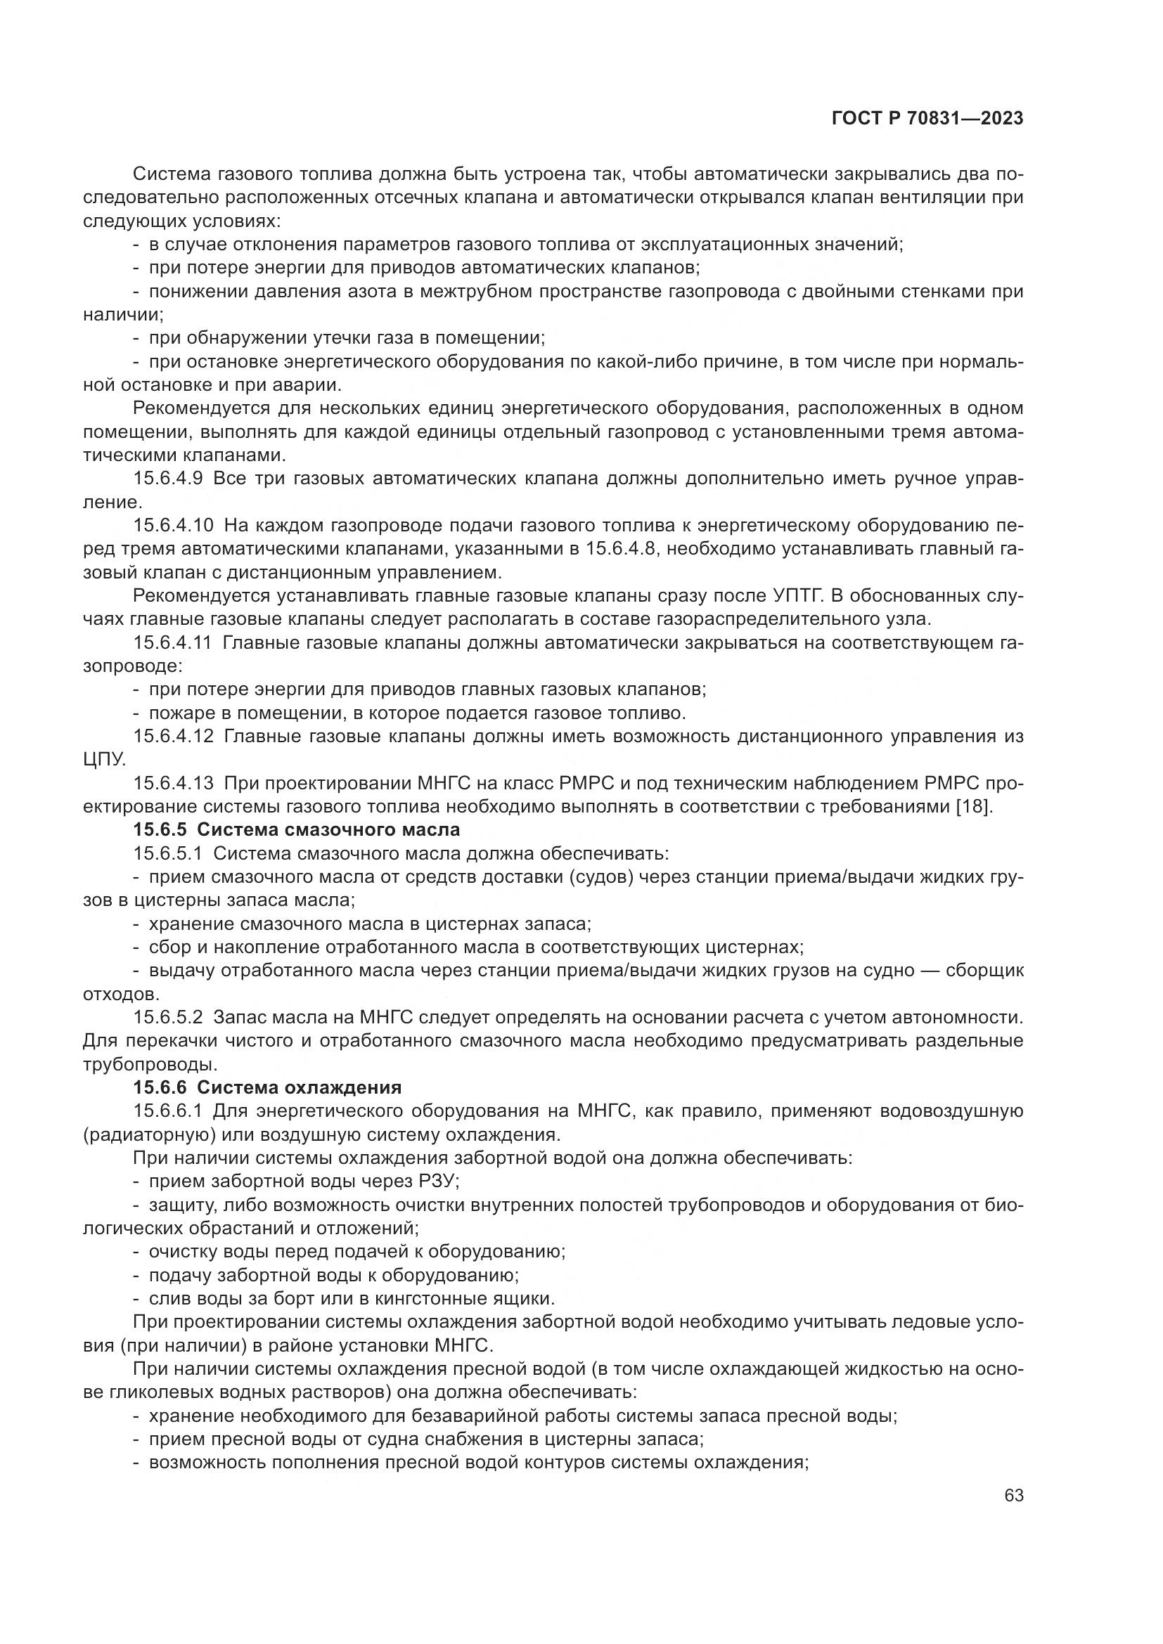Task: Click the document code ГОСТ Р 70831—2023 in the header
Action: tap(927, 119)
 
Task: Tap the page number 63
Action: tap(1013, 1495)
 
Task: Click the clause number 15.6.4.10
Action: tap(173, 526)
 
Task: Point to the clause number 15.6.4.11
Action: tap(172, 642)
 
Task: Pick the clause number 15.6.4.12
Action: tap(173, 736)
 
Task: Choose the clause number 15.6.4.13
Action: tap(173, 783)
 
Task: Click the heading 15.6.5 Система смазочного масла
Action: tap(297, 830)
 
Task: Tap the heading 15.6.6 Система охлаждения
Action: tap(267, 1087)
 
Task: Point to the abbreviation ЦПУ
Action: tap(105, 760)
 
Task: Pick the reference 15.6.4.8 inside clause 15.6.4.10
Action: tap(622, 549)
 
